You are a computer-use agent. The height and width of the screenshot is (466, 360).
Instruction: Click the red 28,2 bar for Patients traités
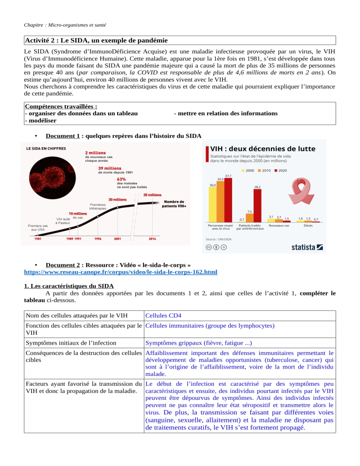pyautogui.click(x=258, y=205)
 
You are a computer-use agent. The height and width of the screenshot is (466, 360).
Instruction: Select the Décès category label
pyautogui.click(x=308, y=225)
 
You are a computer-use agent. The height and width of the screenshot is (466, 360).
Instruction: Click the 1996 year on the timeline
pyautogui.click(x=97, y=238)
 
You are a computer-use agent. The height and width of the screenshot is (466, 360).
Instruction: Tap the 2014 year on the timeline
pyautogui.click(x=152, y=238)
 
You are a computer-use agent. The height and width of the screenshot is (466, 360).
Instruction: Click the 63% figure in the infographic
pyautogui.click(x=121, y=179)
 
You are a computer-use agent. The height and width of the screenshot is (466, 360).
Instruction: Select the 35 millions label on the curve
pyautogui.click(x=152, y=194)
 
